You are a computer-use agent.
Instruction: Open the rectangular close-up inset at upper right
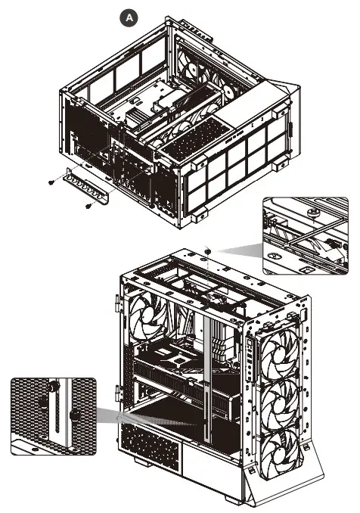pos(306,235)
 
